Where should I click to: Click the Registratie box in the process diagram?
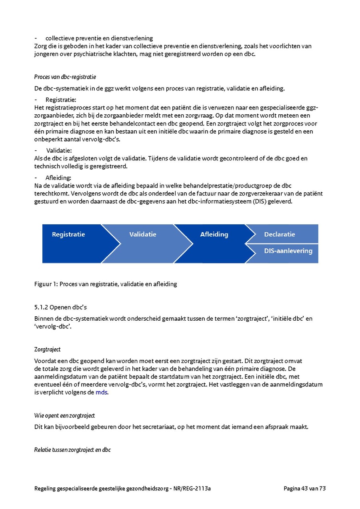click(x=68, y=235)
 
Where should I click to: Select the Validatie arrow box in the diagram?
click(x=143, y=235)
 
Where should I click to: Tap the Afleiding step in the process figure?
click(x=214, y=235)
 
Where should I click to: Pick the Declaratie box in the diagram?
click(x=280, y=234)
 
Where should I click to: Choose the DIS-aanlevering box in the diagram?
click(x=288, y=251)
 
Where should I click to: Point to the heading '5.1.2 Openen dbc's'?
click(x=60, y=307)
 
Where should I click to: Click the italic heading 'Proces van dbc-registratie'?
click(x=65, y=77)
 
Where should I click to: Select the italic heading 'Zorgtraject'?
click(x=48, y=349)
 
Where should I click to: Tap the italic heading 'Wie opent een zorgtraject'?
click(x=65, y=416)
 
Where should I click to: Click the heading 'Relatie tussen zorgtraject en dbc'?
click(x=72, y=450)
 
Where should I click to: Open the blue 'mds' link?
click(x=102, y=392)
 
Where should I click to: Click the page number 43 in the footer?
click(x=305, y=488)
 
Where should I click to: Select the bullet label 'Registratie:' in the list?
click(x=61, y=100)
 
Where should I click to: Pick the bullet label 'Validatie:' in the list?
click(x=59, y=151)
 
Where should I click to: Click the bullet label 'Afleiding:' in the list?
click(x=58, y=178)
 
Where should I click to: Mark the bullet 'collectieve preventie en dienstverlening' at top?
click(x=99, y=38)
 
